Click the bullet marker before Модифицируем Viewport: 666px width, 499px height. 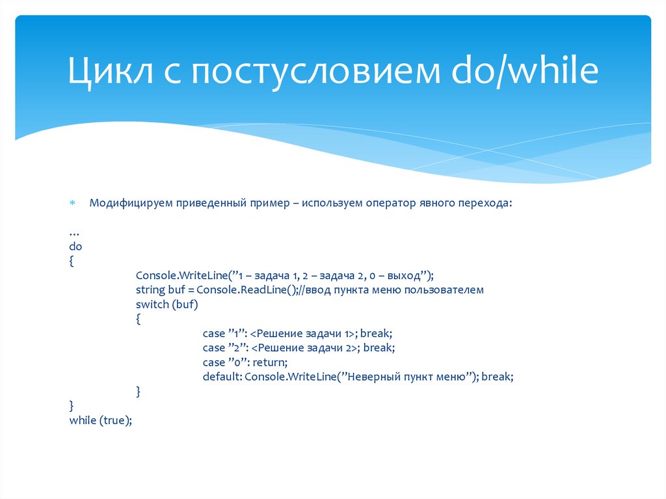(73, 204)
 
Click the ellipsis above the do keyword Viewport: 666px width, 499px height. (73, 233)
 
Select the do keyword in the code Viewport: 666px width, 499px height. (75, 247)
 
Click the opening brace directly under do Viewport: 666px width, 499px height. (72, 261)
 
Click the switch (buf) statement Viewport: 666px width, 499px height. (166, 304)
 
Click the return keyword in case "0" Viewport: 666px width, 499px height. (269, 362)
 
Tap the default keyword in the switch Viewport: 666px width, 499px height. (221, 377)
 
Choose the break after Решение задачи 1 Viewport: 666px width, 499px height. (377, 333)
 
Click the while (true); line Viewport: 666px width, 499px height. (100, 420)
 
